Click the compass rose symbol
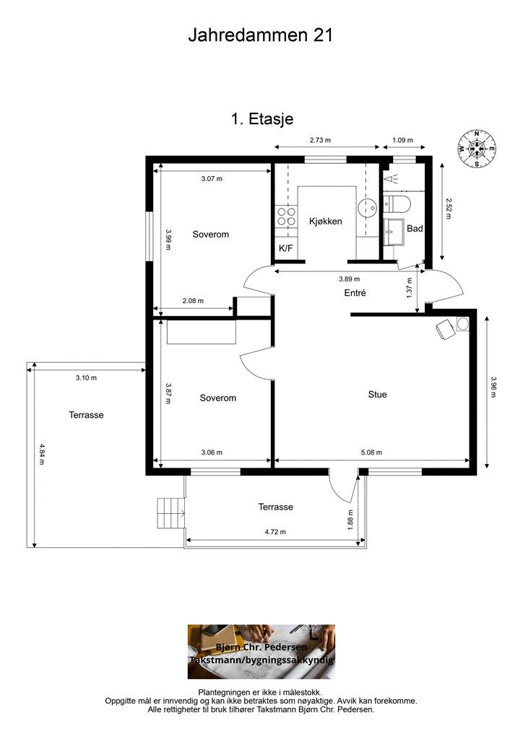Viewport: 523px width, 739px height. pos(477,149)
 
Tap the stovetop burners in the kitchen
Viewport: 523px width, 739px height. pos(287,217)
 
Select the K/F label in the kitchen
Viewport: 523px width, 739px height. pos(286,248)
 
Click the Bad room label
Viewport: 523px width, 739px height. pos(415,229)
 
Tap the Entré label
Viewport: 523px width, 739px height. pos(355,293)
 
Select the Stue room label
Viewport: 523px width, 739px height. pos(377,395)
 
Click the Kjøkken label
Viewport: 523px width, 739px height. pos(325,221)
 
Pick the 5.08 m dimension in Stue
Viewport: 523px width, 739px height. pos(371,452)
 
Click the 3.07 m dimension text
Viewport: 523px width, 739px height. pos(212,179)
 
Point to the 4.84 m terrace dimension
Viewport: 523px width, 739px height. pos(43,455)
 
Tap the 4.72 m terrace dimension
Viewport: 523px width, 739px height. pos(275,532)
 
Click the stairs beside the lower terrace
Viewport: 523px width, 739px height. pos(170,514)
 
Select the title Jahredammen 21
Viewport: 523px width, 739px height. pos(261,35)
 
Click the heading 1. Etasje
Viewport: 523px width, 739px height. pos(261,119)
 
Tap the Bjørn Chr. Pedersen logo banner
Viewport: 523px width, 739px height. pos(261,652)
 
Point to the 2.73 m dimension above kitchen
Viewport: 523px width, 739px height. pos(320,140)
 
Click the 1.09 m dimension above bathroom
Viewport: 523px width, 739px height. pos(402,140)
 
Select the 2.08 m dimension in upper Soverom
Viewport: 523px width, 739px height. pos(193,301)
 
